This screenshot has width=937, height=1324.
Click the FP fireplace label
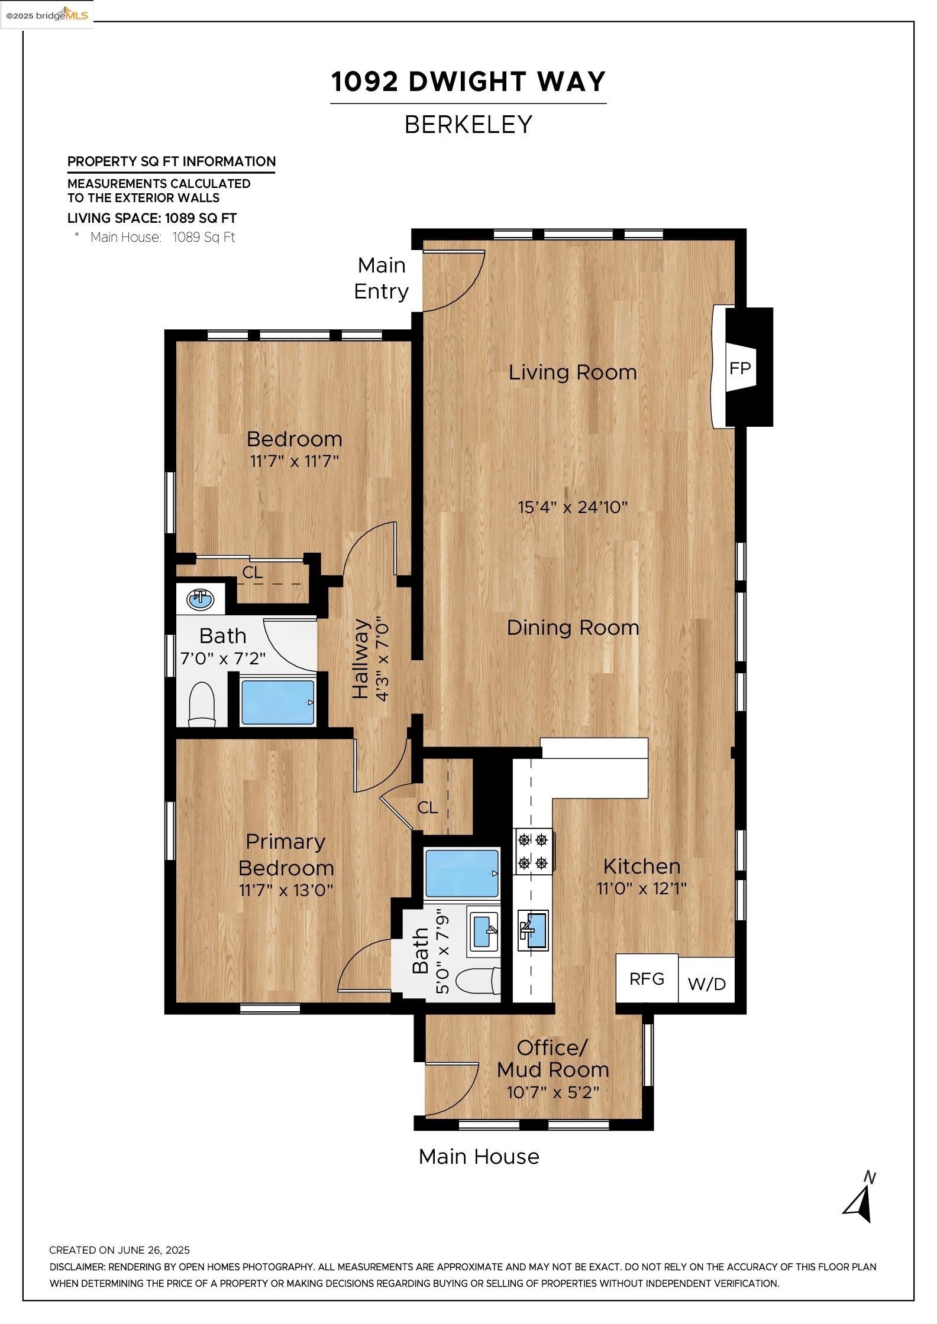point(739,368)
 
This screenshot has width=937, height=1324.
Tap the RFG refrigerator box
point(647,979)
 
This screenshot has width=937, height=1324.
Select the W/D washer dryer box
point(706,984)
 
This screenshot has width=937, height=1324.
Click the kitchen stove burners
point(534,852)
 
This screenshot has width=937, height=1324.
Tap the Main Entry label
point(382,278)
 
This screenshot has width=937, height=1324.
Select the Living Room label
point(573,372)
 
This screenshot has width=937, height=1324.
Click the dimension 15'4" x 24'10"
point(573,507)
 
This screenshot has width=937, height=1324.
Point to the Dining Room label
point(573,628)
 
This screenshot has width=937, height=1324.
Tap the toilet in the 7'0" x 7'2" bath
point(201,704)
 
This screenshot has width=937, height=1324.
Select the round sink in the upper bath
point(201,599)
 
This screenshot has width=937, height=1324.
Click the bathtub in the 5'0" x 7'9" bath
point(462,874)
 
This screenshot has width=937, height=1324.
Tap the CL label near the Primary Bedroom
point(427,807)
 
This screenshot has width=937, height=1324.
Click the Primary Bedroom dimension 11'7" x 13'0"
point(286,890)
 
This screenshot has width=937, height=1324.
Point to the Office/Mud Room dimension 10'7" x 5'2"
point(552,1092)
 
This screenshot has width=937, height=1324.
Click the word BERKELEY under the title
point(469,125)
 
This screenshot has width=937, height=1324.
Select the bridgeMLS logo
point(47,14)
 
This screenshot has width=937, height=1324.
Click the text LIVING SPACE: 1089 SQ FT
point(152,218)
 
